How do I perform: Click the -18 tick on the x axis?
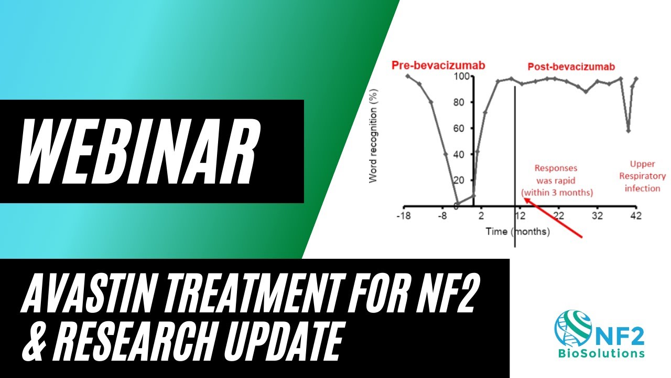coord(403,216)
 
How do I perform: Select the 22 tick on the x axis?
coord(559,216)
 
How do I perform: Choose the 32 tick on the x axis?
coord(598,216)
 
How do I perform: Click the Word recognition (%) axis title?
coord(373,135)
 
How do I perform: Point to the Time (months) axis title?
coord(517,232)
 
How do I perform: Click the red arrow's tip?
coord(523,198)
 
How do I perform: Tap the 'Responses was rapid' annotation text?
coord(556,180)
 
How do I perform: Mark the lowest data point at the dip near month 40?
coord(628,131)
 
